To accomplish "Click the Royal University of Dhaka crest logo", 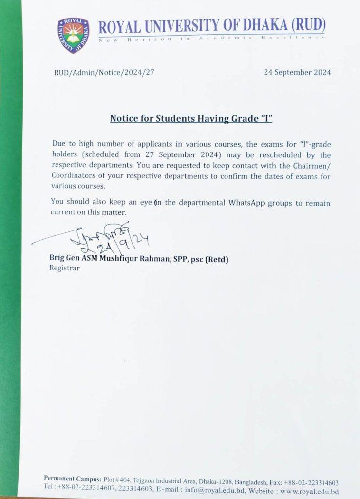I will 74,35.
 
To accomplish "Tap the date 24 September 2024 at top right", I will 297,72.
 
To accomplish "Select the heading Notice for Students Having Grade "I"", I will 190,118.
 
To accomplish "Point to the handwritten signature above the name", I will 107,236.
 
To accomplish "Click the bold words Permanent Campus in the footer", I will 73,478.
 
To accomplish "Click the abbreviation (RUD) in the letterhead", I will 309,26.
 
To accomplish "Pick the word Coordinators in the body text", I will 73,176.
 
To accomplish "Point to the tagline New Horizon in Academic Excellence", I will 212,38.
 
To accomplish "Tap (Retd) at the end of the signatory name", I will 216,259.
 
